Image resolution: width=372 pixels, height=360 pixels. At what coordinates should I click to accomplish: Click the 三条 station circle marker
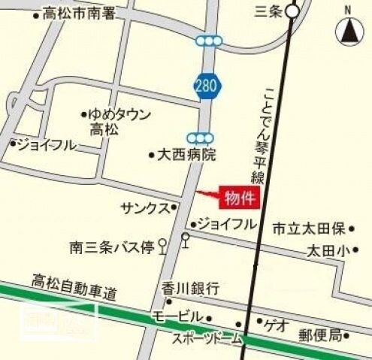(x=292, y=11)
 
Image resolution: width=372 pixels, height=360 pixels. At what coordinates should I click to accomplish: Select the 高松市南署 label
(x=80, y=13)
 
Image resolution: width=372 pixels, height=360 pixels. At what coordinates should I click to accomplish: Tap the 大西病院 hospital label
(x=186, y=156)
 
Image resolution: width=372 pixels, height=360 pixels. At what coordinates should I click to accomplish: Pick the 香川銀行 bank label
(x=190, y=288)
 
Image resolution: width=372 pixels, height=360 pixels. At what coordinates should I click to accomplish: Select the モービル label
(x=177, y=316)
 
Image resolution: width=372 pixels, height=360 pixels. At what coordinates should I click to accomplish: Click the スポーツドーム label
(x=207, y=339)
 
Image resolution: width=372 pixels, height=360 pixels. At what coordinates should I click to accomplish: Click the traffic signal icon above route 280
(x=208, y=41)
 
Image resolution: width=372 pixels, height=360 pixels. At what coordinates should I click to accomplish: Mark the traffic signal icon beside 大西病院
(x=201, y=138)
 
